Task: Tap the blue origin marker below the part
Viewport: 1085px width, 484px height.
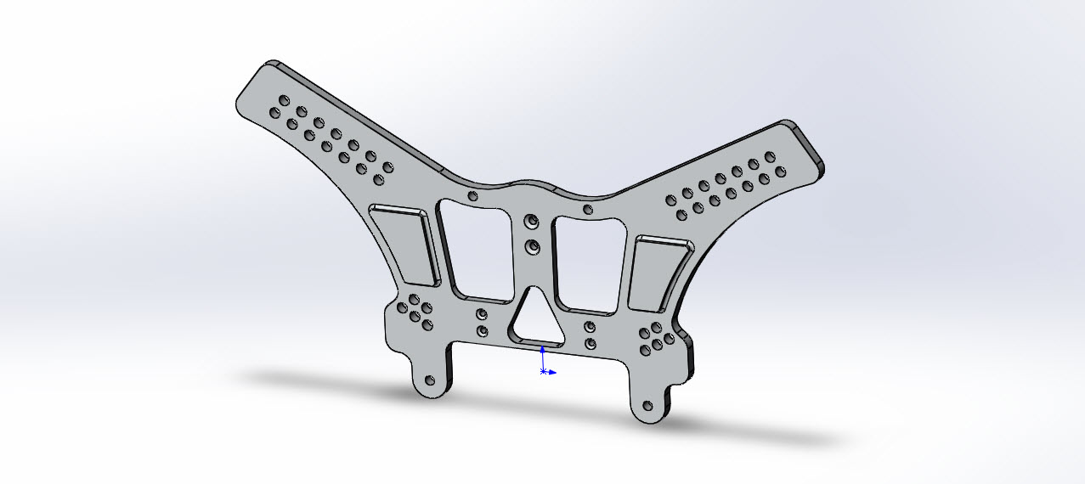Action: point(544,372)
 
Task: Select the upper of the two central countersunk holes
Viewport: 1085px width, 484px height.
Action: point(532,222)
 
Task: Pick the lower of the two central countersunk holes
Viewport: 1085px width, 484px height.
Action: point(533,247)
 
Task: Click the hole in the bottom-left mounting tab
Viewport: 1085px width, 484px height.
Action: point(428,380)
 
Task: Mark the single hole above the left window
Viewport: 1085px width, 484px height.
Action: point(474,197)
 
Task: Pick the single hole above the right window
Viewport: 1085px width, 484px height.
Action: point(587,209)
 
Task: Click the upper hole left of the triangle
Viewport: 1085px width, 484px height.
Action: point(482,315)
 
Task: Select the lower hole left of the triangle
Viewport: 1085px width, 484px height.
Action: point(482,331)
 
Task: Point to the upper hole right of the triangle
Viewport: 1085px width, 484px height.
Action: point(590,327)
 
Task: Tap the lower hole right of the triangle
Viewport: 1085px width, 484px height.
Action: point(590,344)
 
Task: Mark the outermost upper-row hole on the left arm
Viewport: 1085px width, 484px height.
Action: point(284,100)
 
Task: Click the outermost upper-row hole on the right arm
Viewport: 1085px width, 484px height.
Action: point(770,156)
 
